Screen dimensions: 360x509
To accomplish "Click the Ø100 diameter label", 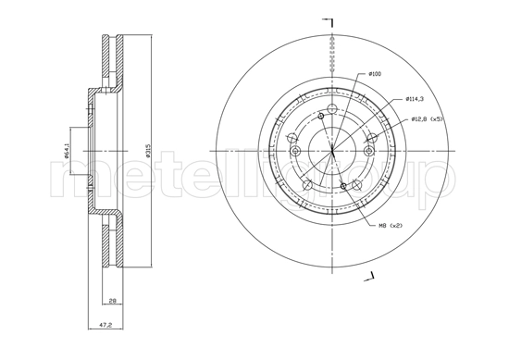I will [x=375, y=73].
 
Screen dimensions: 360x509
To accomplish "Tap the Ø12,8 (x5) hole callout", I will [x=428, y=118].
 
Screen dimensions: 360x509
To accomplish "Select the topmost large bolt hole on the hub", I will [x=320, y=116].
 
